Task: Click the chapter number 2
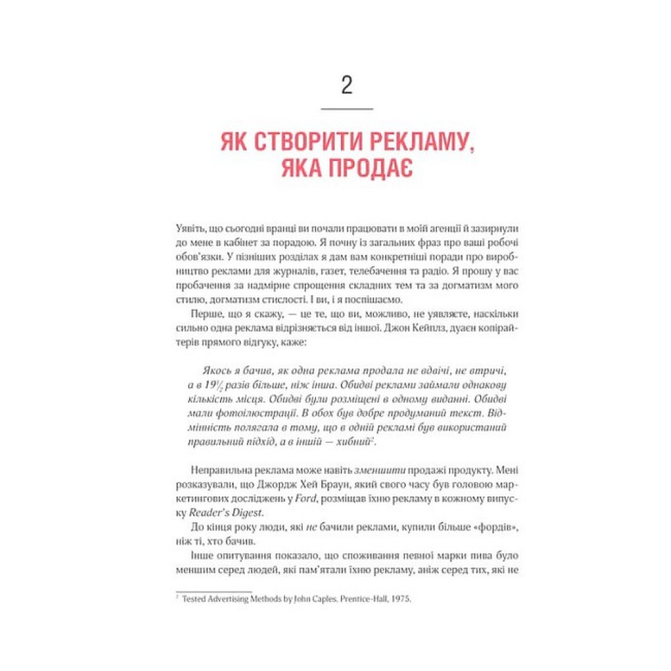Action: [346, 86]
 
